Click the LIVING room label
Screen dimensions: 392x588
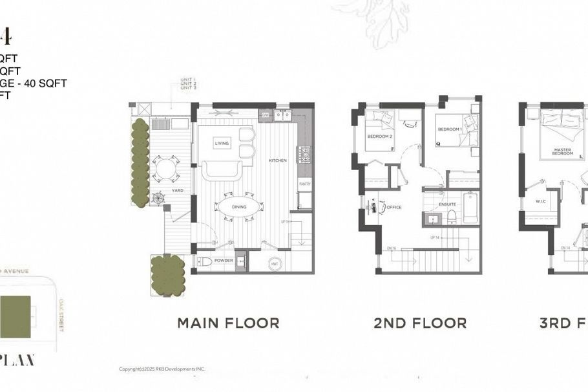(222, 143)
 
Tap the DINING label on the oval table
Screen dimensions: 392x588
(240, 206)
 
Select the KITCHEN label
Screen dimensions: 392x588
(278, 160)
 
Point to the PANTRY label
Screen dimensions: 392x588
(305, 184)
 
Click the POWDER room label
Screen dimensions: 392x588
(224, 261)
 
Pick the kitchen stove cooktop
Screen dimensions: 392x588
(303, 155)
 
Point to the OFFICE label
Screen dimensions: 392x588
(394, 207)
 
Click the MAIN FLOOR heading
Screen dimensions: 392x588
(228, 323)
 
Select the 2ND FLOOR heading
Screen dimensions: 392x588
(420, 323)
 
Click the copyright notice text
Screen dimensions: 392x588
(162, 369)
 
